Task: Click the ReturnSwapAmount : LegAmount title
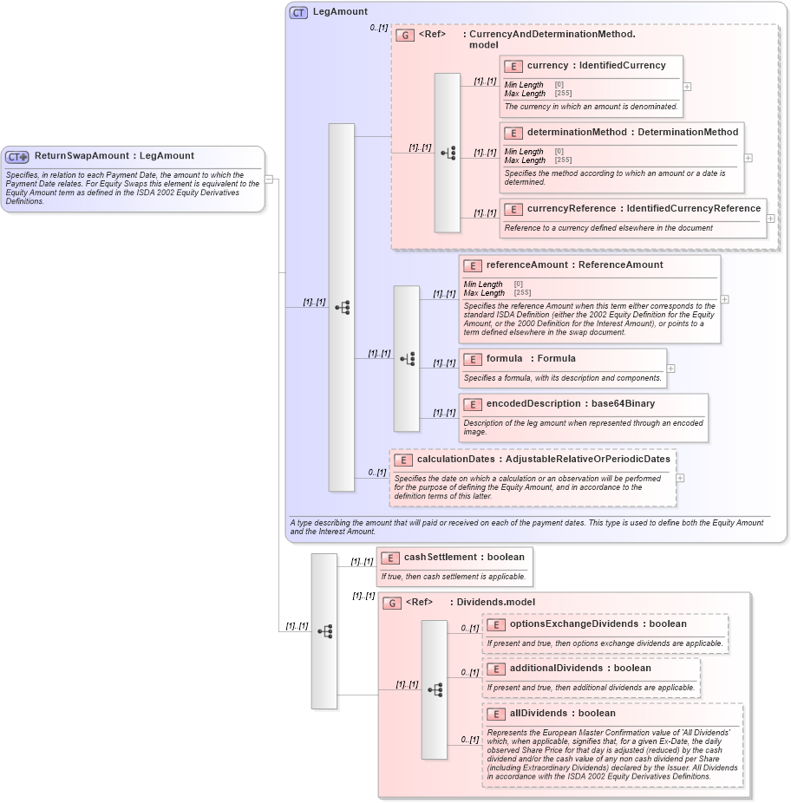coord(114,156)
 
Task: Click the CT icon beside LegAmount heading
coord(298,12)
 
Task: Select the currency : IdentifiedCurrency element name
coord(596,66)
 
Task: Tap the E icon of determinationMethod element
coord(513,133)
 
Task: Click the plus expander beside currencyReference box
coord(770,219)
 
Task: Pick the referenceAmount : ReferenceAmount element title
coord(574,265)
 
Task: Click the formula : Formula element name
coord(530,359)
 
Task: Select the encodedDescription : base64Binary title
coord(570,404)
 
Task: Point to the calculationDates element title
coord(543,460)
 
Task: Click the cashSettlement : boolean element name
coord(464,558)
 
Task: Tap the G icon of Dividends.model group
coord(392,603)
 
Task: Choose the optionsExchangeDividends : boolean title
coord(598,624)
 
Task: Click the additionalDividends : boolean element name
coord(579,669)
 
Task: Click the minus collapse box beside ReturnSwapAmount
coord(270,180)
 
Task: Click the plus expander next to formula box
coord(670,369)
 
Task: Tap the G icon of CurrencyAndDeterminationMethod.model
coord(404,35)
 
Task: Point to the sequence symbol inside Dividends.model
coord(435,689)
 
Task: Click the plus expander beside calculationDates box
coord(680,478)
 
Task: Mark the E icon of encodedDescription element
coord(473,404)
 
